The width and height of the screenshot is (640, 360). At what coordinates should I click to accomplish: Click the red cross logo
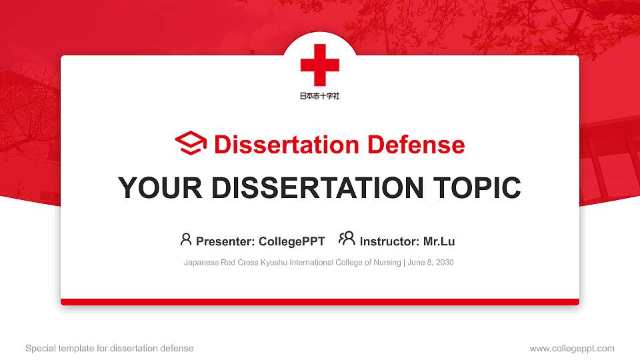tap(320, 65)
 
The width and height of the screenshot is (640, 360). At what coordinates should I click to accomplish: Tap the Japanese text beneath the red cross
tap(320, 96)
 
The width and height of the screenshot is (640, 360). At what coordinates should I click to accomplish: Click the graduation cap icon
tap(191, 144)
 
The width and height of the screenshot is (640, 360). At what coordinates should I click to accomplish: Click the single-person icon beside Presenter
tap(186, 239)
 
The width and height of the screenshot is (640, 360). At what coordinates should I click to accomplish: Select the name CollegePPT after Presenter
tap(291, 241)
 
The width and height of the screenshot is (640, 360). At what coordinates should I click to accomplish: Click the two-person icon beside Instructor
tap(347, 239)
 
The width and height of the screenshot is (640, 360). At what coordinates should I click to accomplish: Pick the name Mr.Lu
tap(439, 241)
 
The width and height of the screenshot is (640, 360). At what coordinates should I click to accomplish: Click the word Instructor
tap(389, 241)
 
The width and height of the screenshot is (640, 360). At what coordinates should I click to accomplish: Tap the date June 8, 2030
tap(431, 263)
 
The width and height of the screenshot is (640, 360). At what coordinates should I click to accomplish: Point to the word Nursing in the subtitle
tap(385, 263)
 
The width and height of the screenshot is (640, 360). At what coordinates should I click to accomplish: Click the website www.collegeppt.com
tap(572, 348)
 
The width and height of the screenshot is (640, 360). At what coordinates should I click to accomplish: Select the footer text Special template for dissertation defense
tap(109, 348)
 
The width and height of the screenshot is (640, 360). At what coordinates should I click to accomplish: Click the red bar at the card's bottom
tap(320, 302)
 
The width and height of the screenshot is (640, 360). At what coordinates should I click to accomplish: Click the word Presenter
tap(220, 241)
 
